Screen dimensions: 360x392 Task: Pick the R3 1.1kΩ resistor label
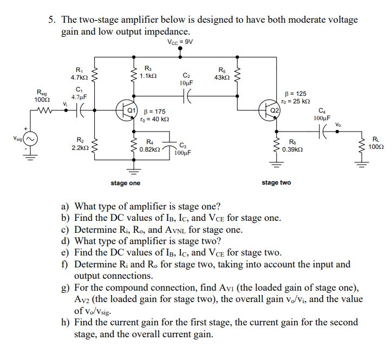pos(149,72)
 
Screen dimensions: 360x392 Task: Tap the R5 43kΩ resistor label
pos(222,74)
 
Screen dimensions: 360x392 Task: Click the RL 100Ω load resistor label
pos(375,143)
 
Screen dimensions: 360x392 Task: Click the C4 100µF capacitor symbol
pos(323,132)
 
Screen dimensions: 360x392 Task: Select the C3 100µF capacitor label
pos(182,149)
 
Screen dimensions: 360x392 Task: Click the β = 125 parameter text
pos(299,94)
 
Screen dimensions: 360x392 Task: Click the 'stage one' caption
pos(125,183)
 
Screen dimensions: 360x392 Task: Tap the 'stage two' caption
pos(276,182)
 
